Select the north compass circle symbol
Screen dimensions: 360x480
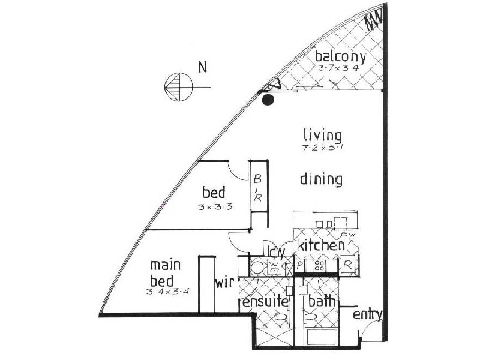178,88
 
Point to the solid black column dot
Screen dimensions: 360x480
268,100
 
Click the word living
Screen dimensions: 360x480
322,135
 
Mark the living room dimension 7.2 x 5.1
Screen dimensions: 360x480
322,148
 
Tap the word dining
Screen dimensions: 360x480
322,179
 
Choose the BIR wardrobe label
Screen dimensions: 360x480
256,188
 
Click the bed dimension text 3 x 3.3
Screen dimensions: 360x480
214,206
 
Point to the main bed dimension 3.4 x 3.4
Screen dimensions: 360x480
167,292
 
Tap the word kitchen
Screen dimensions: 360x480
321,245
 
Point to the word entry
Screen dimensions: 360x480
367,315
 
